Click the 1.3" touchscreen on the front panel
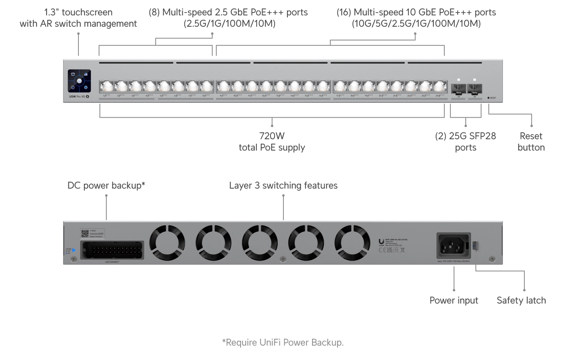coord(79,81)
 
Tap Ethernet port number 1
coord(107,87)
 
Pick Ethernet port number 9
coord(224,87)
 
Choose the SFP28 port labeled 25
coord(458,89)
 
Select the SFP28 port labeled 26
coord(474,89)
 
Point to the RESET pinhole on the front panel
coord(488,98)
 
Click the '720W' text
coord(272,136)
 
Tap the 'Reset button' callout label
coord(531,142)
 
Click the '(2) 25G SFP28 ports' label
coord(465,142)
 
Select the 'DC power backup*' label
coord(106,185)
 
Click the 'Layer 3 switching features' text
coord(283,185)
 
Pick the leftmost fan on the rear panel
coord(167,242)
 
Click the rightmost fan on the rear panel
coord(352,242)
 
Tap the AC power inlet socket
coord(454,245)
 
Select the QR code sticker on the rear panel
coord(84,234)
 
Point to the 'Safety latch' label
coord(521,300)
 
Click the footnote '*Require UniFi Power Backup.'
coord(283,342)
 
